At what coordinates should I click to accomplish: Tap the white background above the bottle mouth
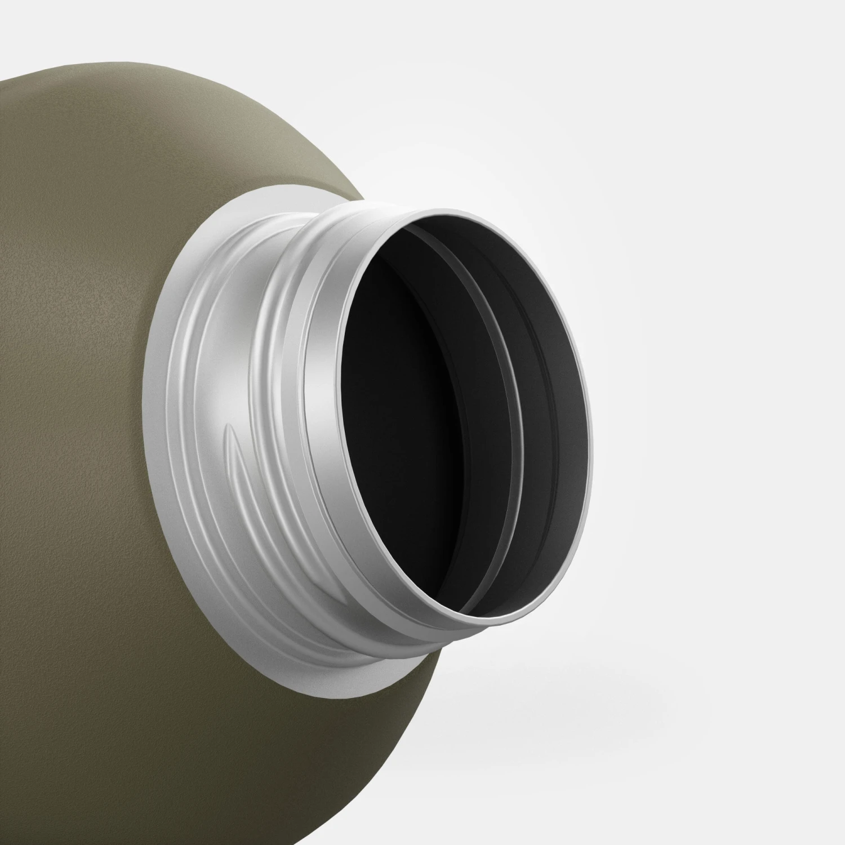pyautogui.click(x=563, y=113)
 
